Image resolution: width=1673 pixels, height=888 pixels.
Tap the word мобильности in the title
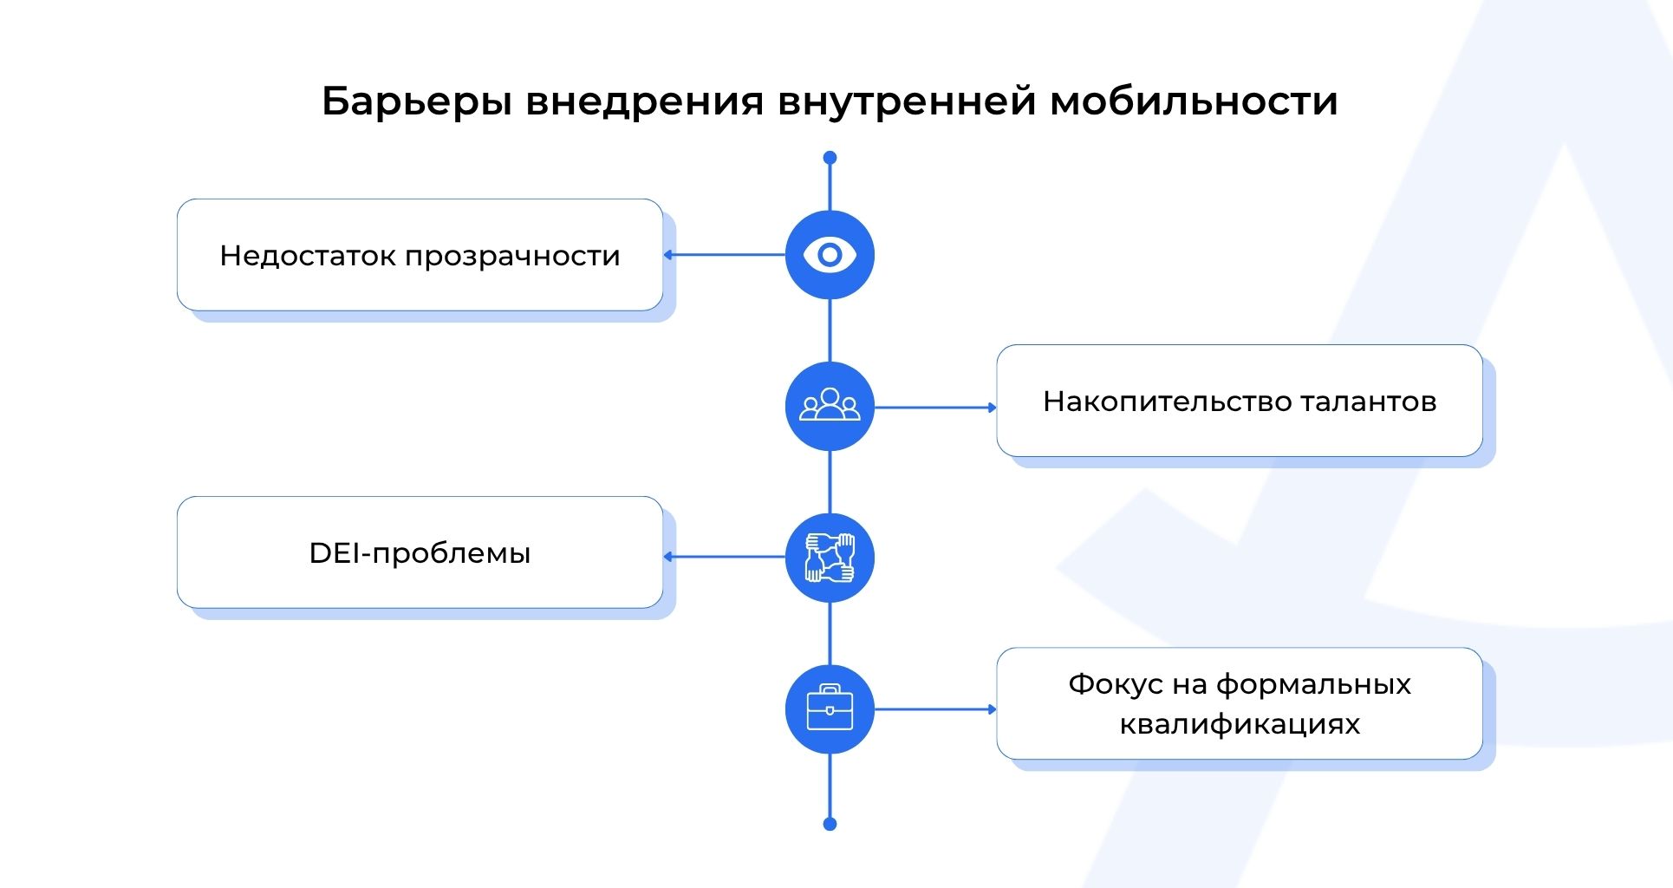click(x=1194, y=101)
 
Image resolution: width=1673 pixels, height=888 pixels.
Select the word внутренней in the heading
click(x=907, y=101)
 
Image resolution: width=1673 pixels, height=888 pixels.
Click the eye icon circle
click(x=830, y=255)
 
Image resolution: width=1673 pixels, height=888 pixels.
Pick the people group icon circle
click(x=830, y=407)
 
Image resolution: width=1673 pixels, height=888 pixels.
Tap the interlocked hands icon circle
click(x=830, y=557)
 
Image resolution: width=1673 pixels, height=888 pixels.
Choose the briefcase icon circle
click(x=830, y=708)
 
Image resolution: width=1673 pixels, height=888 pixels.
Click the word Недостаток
click(x=308, y=256)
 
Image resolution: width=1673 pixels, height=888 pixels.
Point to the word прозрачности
click(x=512, y=257)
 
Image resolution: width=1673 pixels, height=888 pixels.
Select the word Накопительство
click(x=1168, y=402)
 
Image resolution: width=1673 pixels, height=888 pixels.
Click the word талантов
click(x=1369, y=402)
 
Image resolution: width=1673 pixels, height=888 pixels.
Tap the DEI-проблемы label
click(x=420, y=553)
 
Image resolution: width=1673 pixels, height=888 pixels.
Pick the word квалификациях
click(x=1240, y=724)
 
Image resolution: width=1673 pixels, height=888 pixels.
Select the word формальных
click(x=1312, y=685)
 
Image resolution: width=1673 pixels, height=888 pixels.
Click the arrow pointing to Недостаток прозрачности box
click(x=724, y=255)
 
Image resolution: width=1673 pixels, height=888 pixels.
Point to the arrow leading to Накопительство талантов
click(x=935, y=407)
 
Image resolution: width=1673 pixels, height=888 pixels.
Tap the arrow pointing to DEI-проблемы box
click(x=724, y=557)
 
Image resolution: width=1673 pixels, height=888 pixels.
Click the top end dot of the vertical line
click(x=830, y=158)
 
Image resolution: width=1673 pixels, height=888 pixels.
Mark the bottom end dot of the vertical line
click(x=830, y=824)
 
